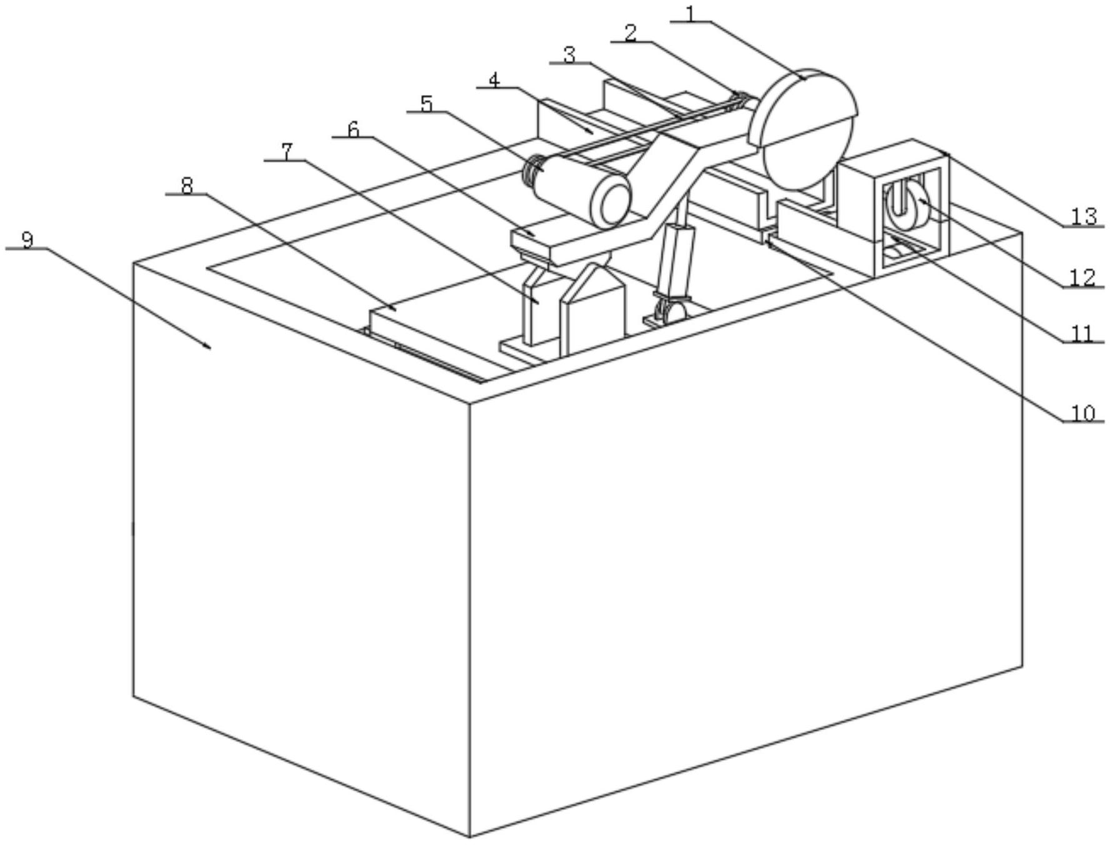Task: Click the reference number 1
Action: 690,13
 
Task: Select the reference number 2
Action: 631,33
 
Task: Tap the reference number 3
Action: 569,55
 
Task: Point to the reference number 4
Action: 494,80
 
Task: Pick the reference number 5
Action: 426,104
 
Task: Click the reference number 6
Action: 354,129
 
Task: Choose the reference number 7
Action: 287,152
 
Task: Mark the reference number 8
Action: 186,186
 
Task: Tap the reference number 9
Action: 27,240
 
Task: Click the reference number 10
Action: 1083,412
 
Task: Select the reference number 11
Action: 1083,334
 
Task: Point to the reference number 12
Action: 1083,277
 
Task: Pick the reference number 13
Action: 1084,216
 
